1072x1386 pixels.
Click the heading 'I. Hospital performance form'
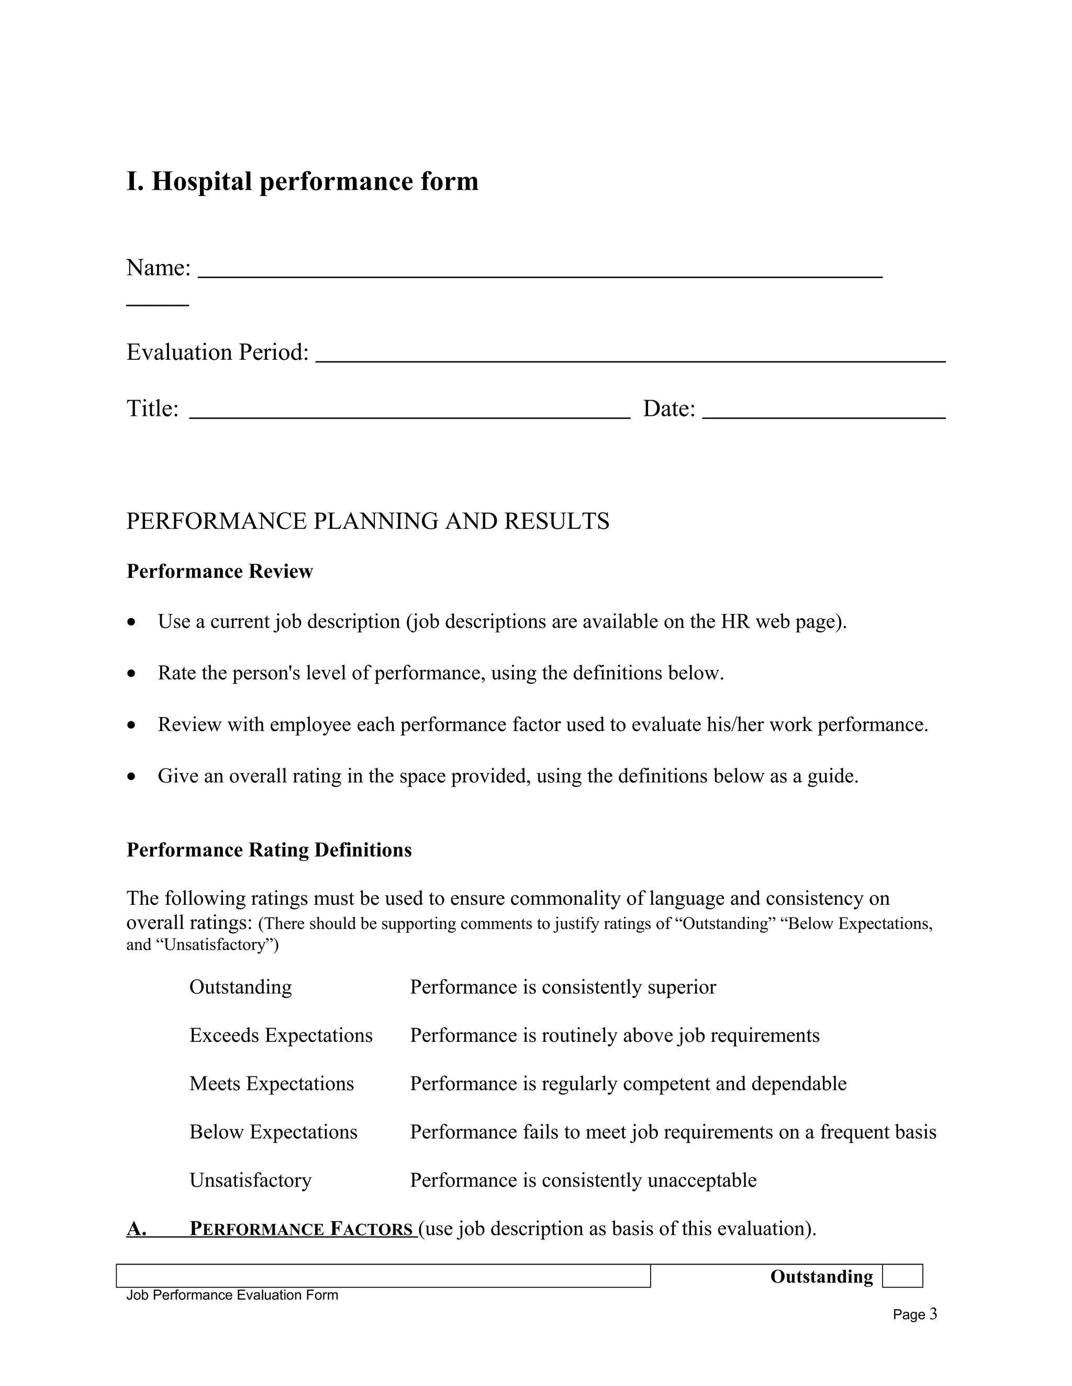pyautogui.click(x=303, y=182)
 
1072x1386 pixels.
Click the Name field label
pyautogui.click(x=158, y=268)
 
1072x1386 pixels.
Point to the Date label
pyautogui.click(x=669, y=408)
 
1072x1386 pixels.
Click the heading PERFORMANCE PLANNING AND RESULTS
pyautogui.click(x=367, y=521)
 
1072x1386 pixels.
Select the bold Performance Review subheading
pyautogui.click(x=220, y=571)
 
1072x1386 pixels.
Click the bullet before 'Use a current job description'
pyautogui.click(x=131, y=622)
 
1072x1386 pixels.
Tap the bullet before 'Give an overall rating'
pyautogui.click(x=131, y=777)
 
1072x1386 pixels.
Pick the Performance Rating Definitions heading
pyautogui.click(x=269, y=850)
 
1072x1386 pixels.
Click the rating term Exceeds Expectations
pyautogui.click(x=281, y=1035)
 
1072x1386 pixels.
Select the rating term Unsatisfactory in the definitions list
pyautogui.click(x=250, y=1180)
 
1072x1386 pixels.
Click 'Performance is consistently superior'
pyautogui.click(x=563, y=987)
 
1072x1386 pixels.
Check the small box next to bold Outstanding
pyautogui.click(x=902, y=1276)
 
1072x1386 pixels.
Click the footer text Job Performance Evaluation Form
pyautogui.click(x=232, y=1295)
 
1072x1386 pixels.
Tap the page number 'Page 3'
pyautogui.click(x=914, y=1314)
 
